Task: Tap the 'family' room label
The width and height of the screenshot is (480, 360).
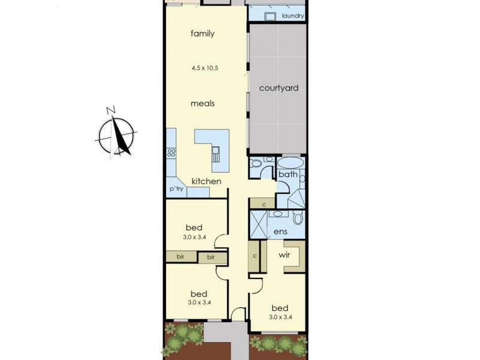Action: pos(203,34)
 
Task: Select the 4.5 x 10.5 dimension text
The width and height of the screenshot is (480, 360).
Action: pos(205,68)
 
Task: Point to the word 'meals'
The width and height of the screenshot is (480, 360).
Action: pos(203,103)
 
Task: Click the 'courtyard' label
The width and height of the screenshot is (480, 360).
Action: pos(278,88)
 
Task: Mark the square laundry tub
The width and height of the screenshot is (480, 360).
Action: pos(269,16)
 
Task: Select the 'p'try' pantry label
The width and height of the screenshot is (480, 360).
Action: pos(176,189)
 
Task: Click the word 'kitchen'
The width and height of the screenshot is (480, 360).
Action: pos(206,181)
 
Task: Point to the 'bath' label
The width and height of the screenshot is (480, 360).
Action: pos(288,175)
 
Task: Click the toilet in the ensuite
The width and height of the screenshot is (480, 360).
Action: pos(298,217)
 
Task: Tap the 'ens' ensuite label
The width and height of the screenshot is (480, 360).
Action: pos(280,232)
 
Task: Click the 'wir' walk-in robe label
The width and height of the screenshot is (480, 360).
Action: pos(285,255)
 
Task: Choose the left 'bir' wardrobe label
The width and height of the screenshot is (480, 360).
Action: pos(180,257)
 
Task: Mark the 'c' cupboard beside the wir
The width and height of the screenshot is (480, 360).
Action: pos(255,255)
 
